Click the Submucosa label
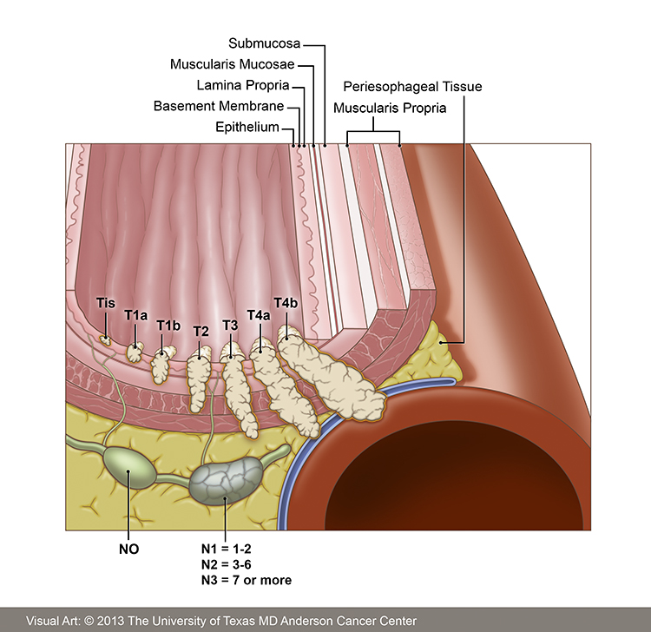coord(266,42)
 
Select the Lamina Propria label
coord(243,85)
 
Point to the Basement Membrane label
coord(219,106)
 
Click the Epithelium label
coord(247,127)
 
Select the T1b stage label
coord(168,325)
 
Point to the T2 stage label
coord(201,331)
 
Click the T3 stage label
coord(230,325)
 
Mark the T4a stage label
coord(259,314)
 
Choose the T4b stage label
coord(286,302)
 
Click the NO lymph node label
coord(128,549)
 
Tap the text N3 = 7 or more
coord(245,579)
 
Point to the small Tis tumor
coord(105,340)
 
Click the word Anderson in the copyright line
coord(311,621)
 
